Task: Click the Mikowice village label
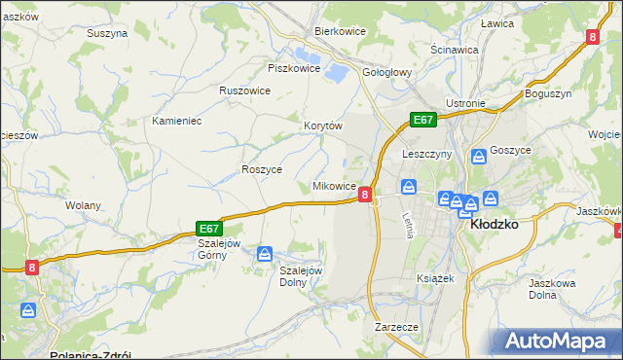pyautogui.click(x=333, y=186)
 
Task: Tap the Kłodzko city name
pyautogui.click(x=493, y=223)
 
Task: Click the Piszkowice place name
pyautogui.click(x=294, y=68)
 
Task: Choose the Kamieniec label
pyautogui.click(x=176, y=122)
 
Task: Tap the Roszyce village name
pyautogui.click(x=261, y=169)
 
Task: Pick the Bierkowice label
pyautogui.click(x=339, y=31)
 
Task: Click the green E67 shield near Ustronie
pyautogui.click(x=421, y=120)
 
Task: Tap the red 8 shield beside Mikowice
pyautogui.click(x=365, y=195)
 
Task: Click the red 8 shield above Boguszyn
pyautogui.click(x=592, y=37)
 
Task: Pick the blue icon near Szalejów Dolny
pyautogui.click(x=264, y=254)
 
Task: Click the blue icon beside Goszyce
pyautogui.click(x=478, y=156)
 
